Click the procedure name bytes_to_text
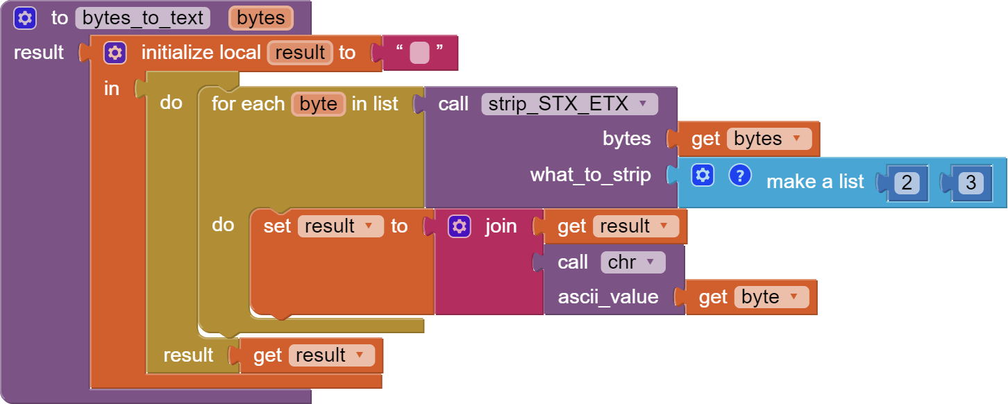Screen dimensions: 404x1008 pos(142,18)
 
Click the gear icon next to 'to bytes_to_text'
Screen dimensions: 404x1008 pos(25,18)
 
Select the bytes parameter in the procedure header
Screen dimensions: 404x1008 pos(260,18)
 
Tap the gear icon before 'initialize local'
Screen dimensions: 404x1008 pos(115,53)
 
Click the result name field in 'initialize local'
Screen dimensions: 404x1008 pos(300,53)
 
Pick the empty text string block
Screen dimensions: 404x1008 pos(419,53)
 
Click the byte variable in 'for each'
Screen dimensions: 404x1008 pos(318,104)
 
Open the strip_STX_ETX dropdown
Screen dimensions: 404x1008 pos(643,104)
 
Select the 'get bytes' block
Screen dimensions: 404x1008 pos(743,139)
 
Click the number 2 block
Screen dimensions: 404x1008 pos(907,183)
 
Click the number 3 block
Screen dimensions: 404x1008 pos(971,183)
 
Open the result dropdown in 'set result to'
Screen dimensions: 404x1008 pos(369,226)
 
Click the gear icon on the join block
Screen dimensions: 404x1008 pos(459,226)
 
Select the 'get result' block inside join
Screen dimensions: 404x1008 pos(615,226)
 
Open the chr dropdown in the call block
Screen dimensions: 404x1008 pos(650,262)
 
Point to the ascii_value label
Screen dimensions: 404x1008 pos(608,297)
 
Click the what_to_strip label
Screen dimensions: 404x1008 pos(590,175)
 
